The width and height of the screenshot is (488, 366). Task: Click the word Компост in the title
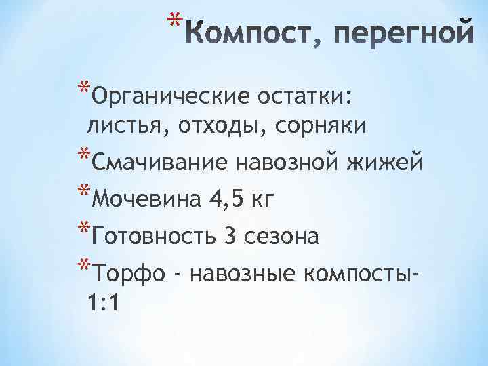click(x=247, y=33)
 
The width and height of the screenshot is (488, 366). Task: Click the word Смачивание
click(x=159, y=163)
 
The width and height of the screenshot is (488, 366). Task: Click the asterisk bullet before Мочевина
click(x=84, y=192)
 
